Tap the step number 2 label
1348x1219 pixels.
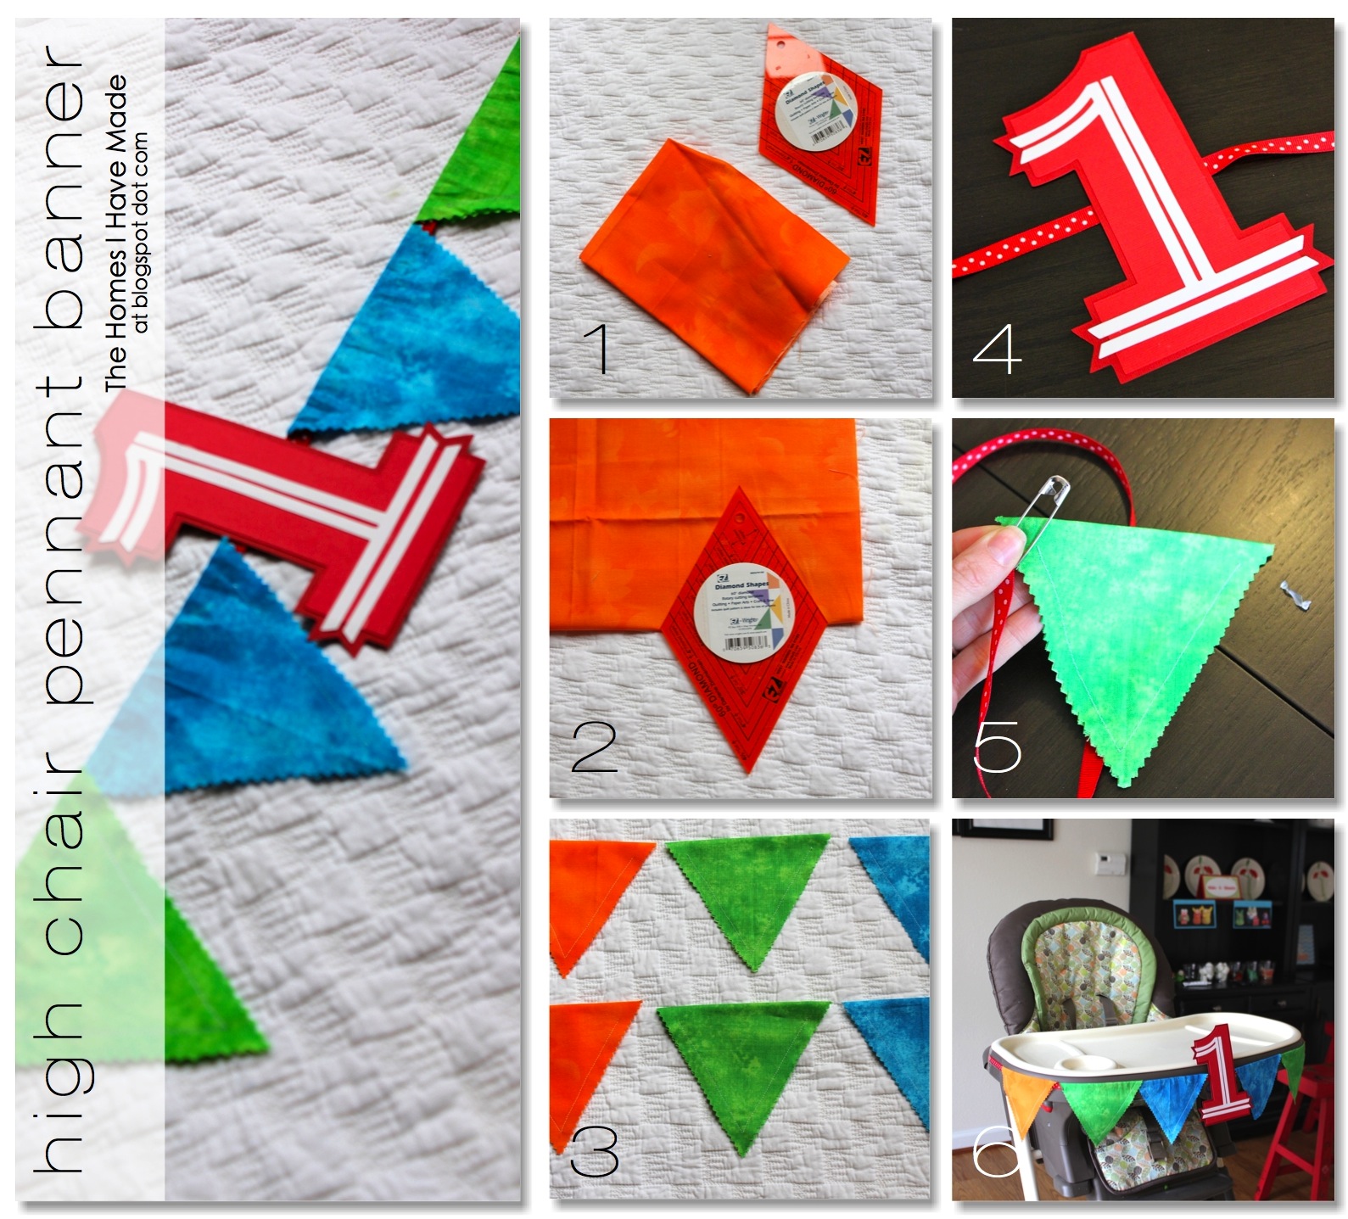[x=595, y=744]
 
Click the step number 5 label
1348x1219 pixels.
[x=998, y=744]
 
